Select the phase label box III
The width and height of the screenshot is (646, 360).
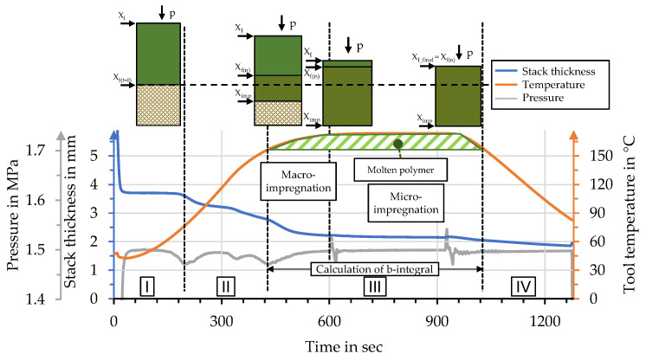pos(375,286)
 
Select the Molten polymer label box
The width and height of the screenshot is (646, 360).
pos(399,167)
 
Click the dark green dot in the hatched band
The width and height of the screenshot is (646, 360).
pos(398,144)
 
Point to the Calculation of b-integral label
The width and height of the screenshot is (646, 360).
pos(375,269)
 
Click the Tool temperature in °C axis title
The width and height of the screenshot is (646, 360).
pos(630,213)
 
